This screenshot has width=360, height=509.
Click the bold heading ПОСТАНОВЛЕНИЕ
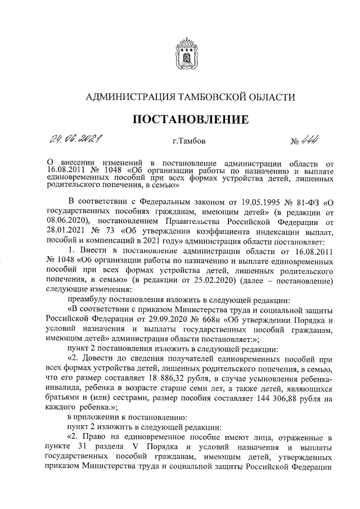point(190,119)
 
